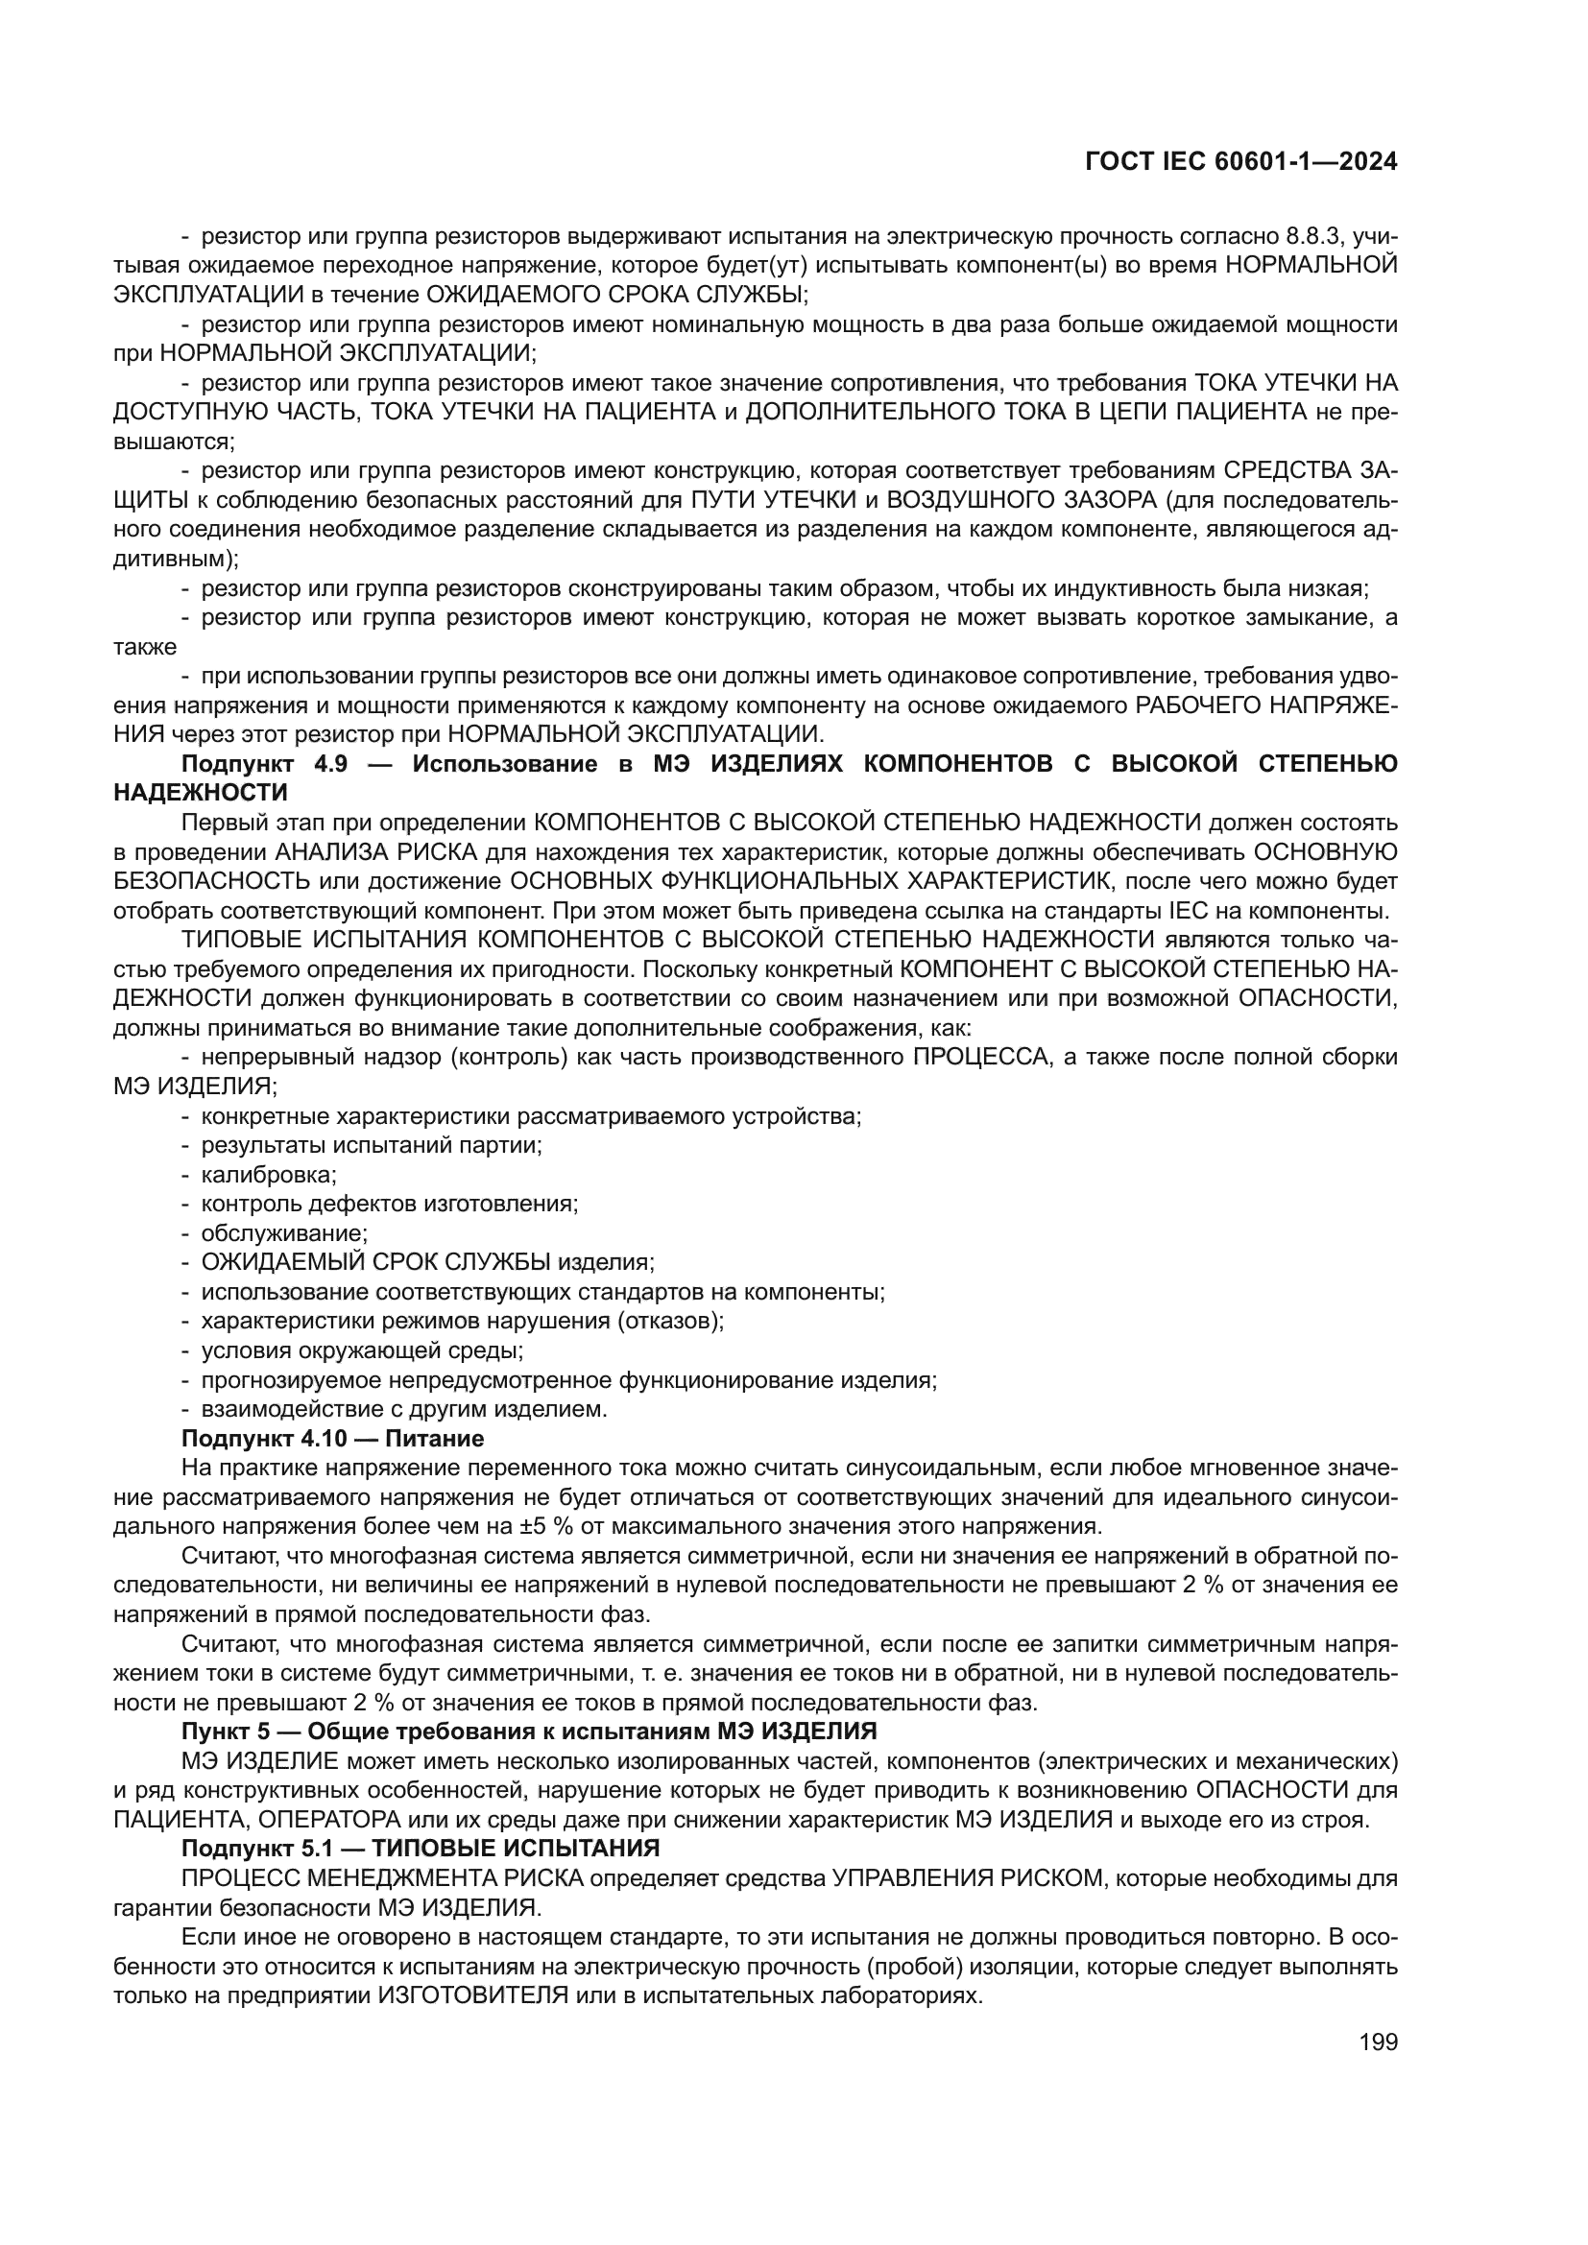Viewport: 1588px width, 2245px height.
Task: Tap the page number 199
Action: pyautogui.click(x=1378, y=2042)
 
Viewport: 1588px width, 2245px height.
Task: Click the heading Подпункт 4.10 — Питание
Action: pyautogui.click(x=332, y=1439)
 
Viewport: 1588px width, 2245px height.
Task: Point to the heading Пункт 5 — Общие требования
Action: pyautogui.click(x=528, y=1731)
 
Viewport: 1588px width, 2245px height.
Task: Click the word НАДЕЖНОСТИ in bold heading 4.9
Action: pyautogui.click(x=201, y=792)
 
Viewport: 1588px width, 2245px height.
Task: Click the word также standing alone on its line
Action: pyautogui.click(x=145, y=647)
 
